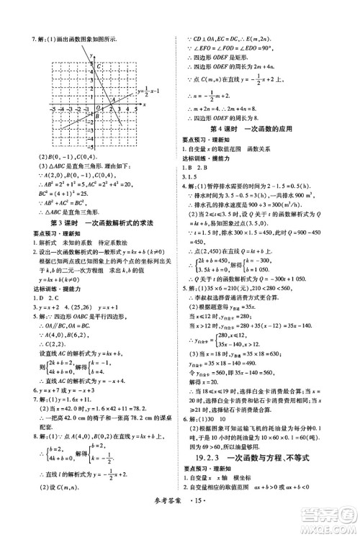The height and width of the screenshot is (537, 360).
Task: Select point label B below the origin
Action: click(x=97, y=115)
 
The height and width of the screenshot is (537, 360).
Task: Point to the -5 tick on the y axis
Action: click(x=90, y=146)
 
